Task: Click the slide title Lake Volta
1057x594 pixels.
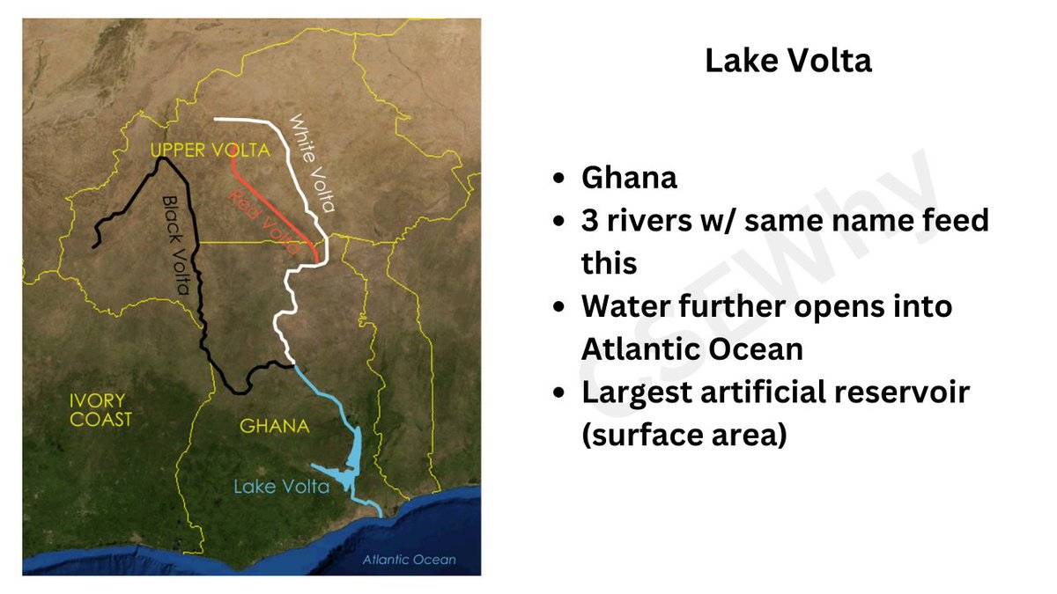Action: [787, 61]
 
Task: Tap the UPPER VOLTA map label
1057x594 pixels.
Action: [210, 150]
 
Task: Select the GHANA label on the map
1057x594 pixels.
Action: [275, 427]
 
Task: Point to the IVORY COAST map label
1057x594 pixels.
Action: [100, 409]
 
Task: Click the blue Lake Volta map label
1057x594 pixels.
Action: [281, 486]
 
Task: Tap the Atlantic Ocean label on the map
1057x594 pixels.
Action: [410, 560]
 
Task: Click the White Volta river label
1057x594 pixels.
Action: [313, 163]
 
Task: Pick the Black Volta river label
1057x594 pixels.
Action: [180, 237]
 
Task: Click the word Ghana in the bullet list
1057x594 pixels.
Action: [629, 178]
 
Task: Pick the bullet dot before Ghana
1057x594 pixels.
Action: [558, 179]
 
